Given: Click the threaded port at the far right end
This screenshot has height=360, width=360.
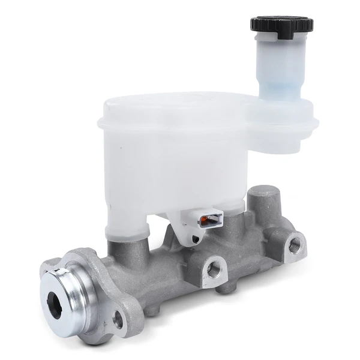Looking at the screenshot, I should pyautogui.click(x=294, y=243).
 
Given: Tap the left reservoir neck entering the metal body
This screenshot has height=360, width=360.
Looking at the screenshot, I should pyautogui.click(x=128, y=231).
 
